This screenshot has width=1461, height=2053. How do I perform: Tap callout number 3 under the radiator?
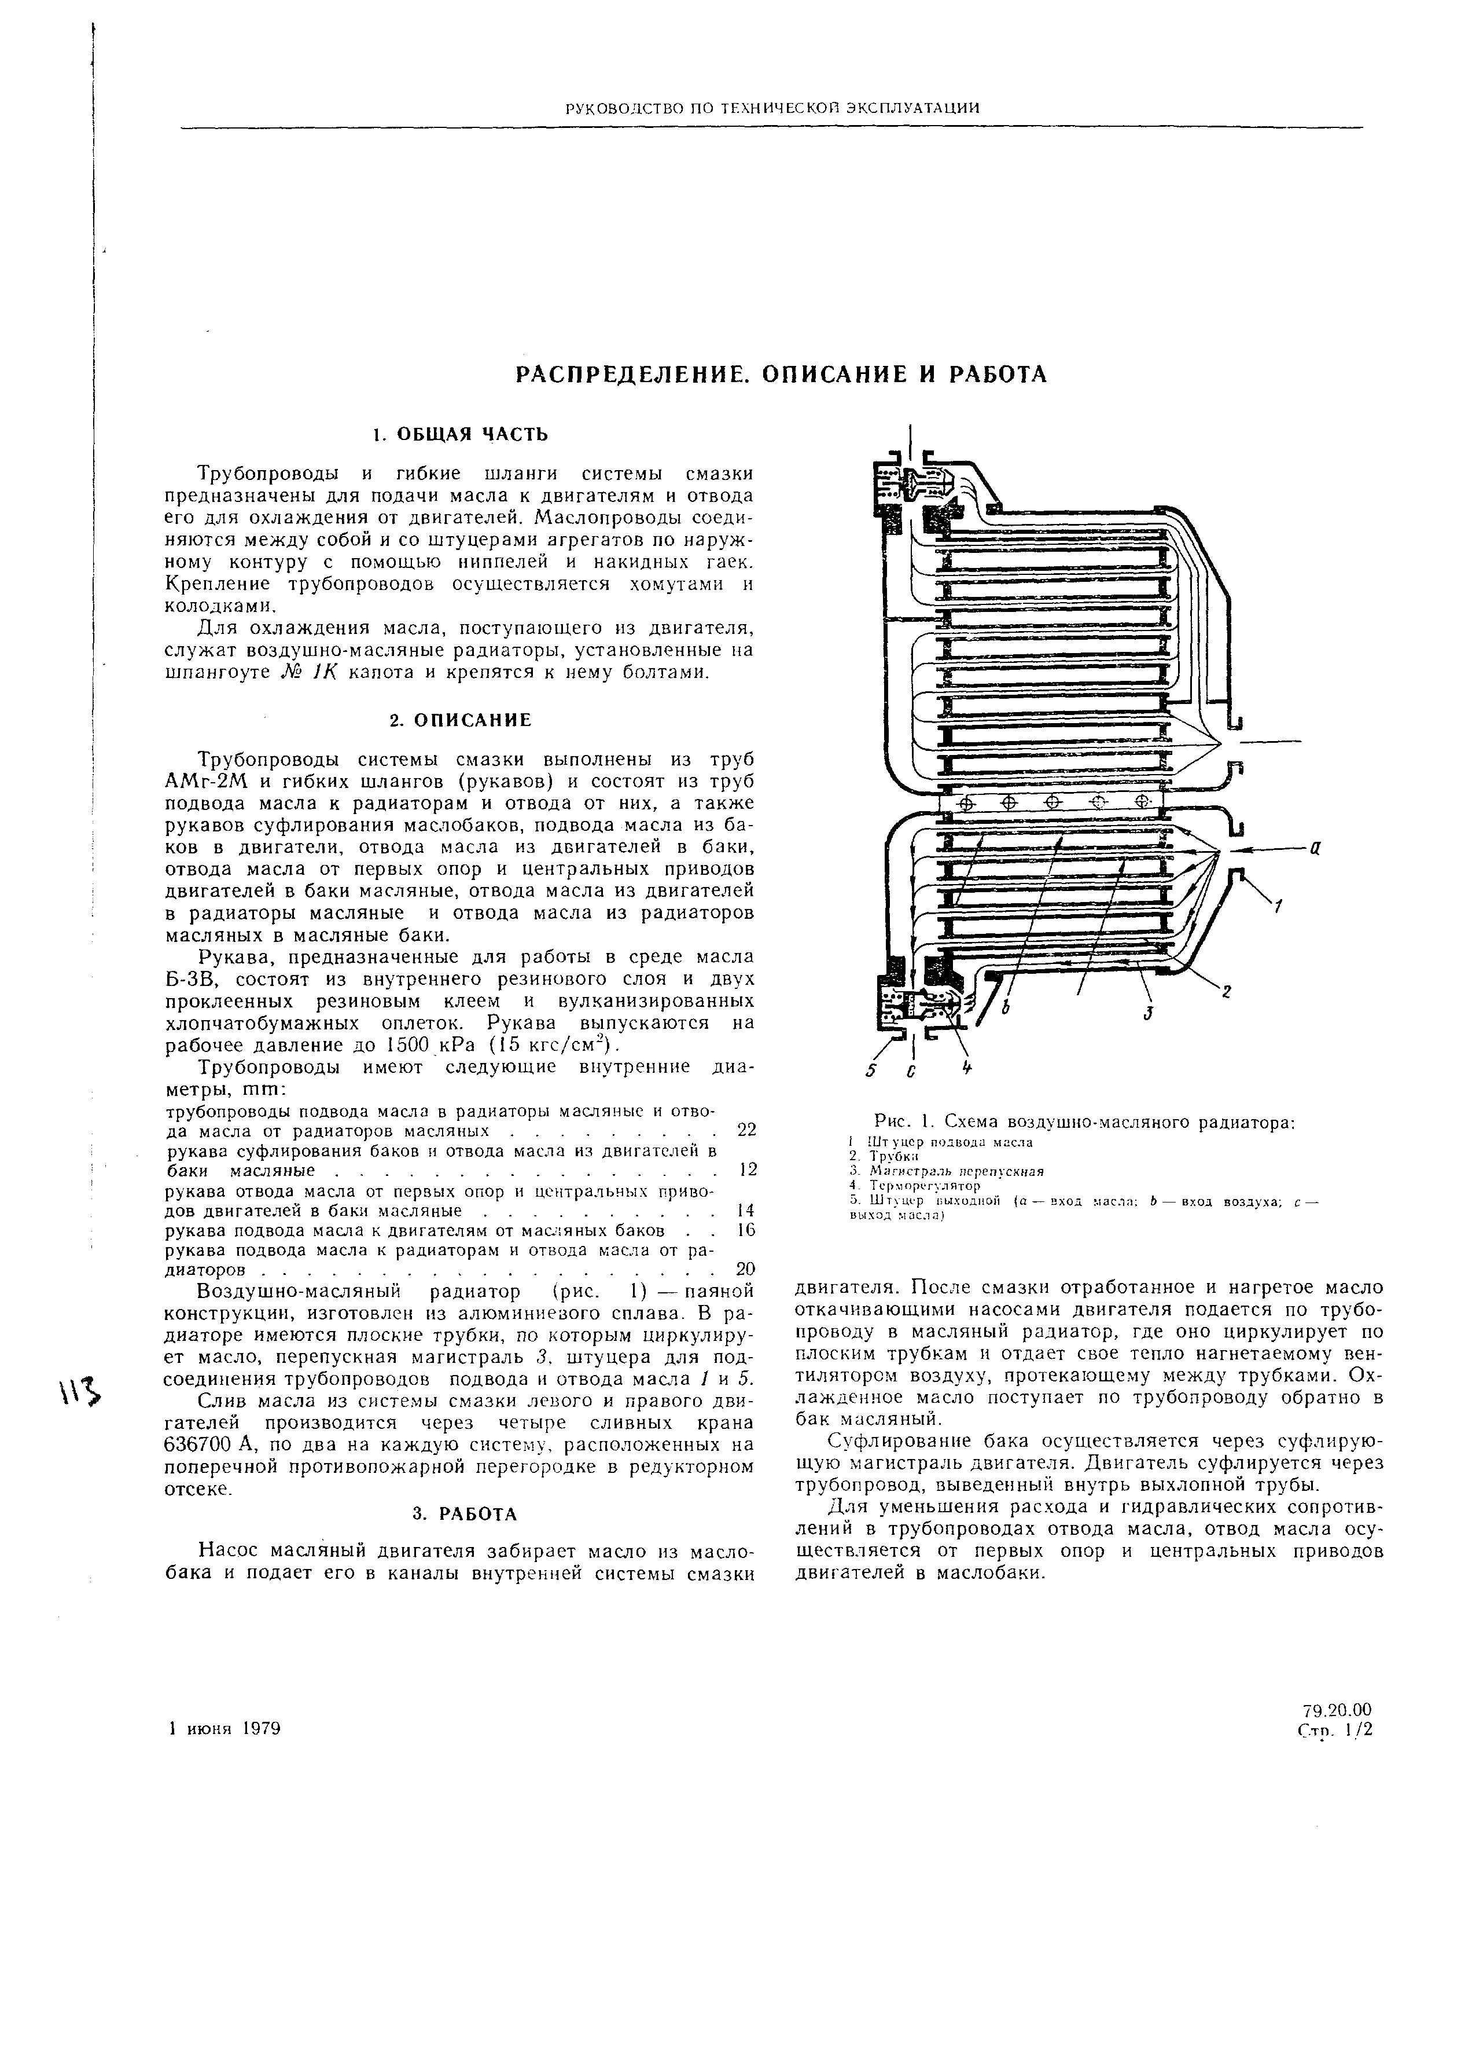pyautogui.click(x=1149, y=1013)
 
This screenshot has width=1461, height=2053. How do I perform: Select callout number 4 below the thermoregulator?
pyautogui.click(x=967, y=1068)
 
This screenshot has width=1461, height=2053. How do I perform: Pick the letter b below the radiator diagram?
pyautogui.click(x=1007, y=1010)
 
